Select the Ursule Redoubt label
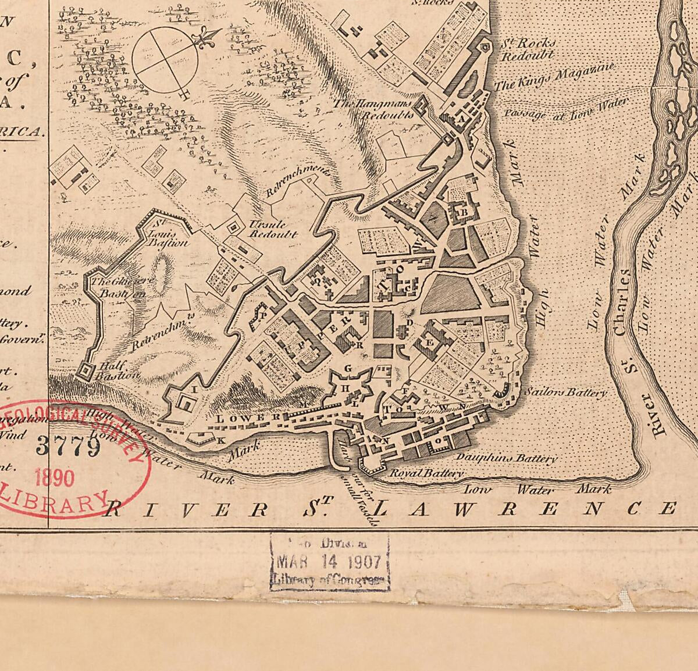[x=273, y=230]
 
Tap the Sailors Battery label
[x=565, y=393]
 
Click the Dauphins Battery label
[x=506, y=458]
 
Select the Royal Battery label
[x=426, y=473]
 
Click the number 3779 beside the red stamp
[x=69, y=446]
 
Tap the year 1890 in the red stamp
[x=55, y=478]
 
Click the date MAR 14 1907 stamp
[x=329, y=562]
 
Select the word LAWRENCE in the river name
[x=525, y=509]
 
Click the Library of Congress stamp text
[x=329, y=580]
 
